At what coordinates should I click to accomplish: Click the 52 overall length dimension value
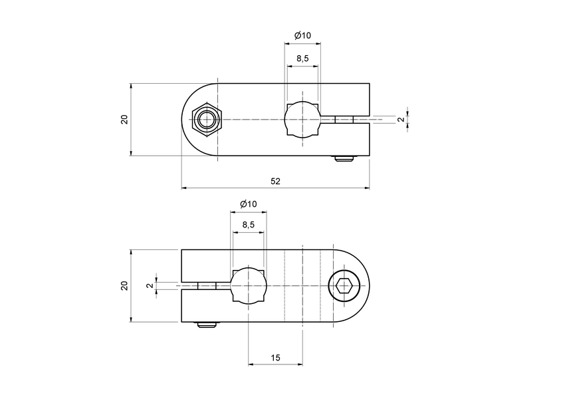click(x=275, y=181)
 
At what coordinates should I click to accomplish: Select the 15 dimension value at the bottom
click(x=276, y=358)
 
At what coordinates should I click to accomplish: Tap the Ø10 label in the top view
click(x=302, y=35)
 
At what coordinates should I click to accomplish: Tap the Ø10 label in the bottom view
click(x=248, y=203)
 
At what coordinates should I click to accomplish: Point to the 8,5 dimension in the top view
click(x=302, y=59)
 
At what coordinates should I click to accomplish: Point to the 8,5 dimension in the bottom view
click(x=248, y=225)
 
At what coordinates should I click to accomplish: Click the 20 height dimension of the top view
click(x=124, y=120)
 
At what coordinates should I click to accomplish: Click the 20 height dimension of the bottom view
click(x=124, y=286)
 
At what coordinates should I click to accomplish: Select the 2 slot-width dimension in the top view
click(x=399, y=120)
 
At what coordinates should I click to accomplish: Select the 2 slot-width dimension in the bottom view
click(x=150, y=286)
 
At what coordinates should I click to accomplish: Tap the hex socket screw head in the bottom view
click(x=344, y=286)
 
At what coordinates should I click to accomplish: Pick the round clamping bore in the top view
click(x=302, y=120)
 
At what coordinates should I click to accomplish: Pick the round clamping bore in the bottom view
click(x=248, y=286)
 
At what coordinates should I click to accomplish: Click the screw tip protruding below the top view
click(x=344, y=159)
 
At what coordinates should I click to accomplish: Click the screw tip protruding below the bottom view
click(x=207, y=325)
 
